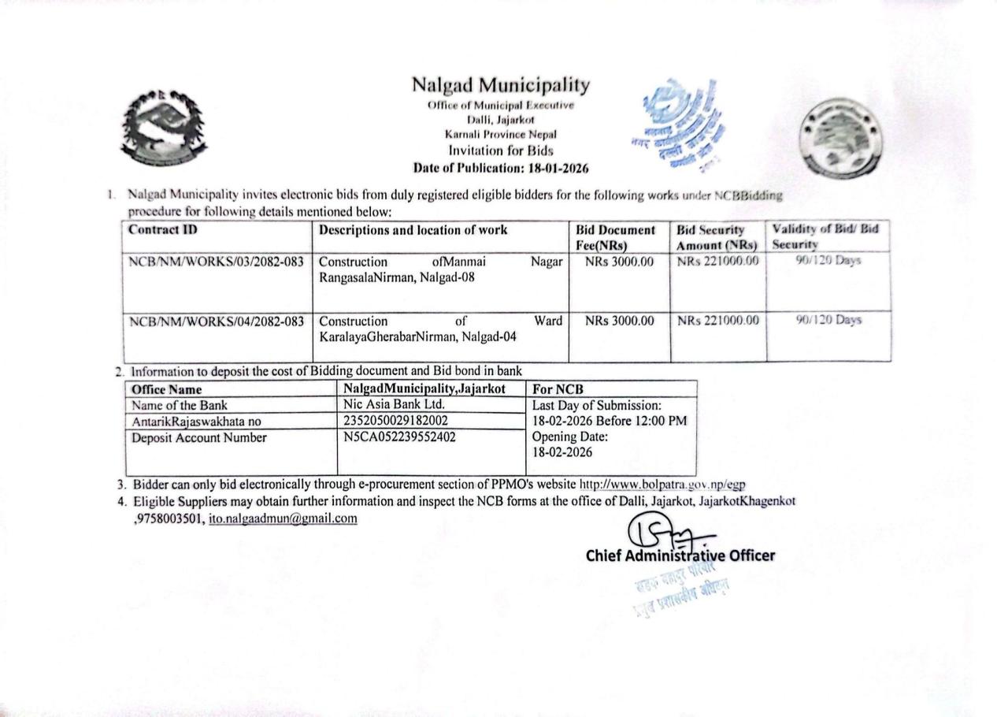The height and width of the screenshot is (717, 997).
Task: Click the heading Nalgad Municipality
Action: pos(501,85)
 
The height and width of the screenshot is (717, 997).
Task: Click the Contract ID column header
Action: pos(163,230)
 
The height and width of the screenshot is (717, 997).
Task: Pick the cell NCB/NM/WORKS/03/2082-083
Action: pos(217,262)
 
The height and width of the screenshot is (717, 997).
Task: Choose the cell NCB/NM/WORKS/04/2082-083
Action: pos(217,321)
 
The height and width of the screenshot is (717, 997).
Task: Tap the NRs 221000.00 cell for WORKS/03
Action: pos(717,262)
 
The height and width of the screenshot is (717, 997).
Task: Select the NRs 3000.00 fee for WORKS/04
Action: pos(620,321)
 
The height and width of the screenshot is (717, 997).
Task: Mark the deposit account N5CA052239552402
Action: pos(400,437)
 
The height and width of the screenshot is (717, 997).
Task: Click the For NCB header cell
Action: pos(558,389)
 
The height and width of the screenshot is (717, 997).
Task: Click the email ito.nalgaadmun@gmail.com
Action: pos(283,518)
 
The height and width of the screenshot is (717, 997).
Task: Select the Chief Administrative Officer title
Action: pos(680,555)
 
